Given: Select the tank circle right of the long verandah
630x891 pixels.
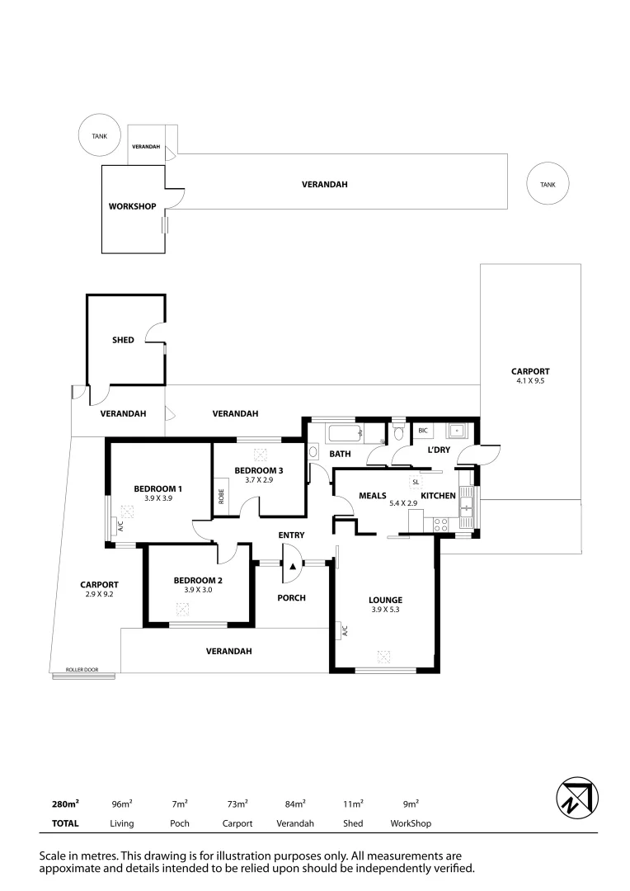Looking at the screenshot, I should (x=548, y=185).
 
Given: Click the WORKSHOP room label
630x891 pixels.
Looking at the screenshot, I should (x=132, y=205).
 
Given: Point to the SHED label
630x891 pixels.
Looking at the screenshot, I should (x=123, y=340).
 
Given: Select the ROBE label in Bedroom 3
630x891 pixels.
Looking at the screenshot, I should (x=221, y=497).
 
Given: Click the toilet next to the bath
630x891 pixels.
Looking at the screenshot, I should (x=399, y=432).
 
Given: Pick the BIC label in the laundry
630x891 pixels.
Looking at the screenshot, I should (x=423, y=431).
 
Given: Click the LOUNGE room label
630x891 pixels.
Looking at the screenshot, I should (x=385, y=600).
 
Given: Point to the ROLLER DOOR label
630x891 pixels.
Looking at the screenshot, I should (x=82, y=670).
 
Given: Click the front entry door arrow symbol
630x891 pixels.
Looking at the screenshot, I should (x=292, y=566).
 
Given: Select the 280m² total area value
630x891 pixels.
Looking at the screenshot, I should (x=66, y=804).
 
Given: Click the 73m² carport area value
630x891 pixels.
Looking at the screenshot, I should (x=237, y=804).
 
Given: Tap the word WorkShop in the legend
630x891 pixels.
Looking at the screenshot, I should (x=411, y=823).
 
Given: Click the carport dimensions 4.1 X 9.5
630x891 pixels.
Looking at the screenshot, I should (x=530, y=381).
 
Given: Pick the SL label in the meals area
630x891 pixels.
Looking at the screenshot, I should (x=415, y=482).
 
